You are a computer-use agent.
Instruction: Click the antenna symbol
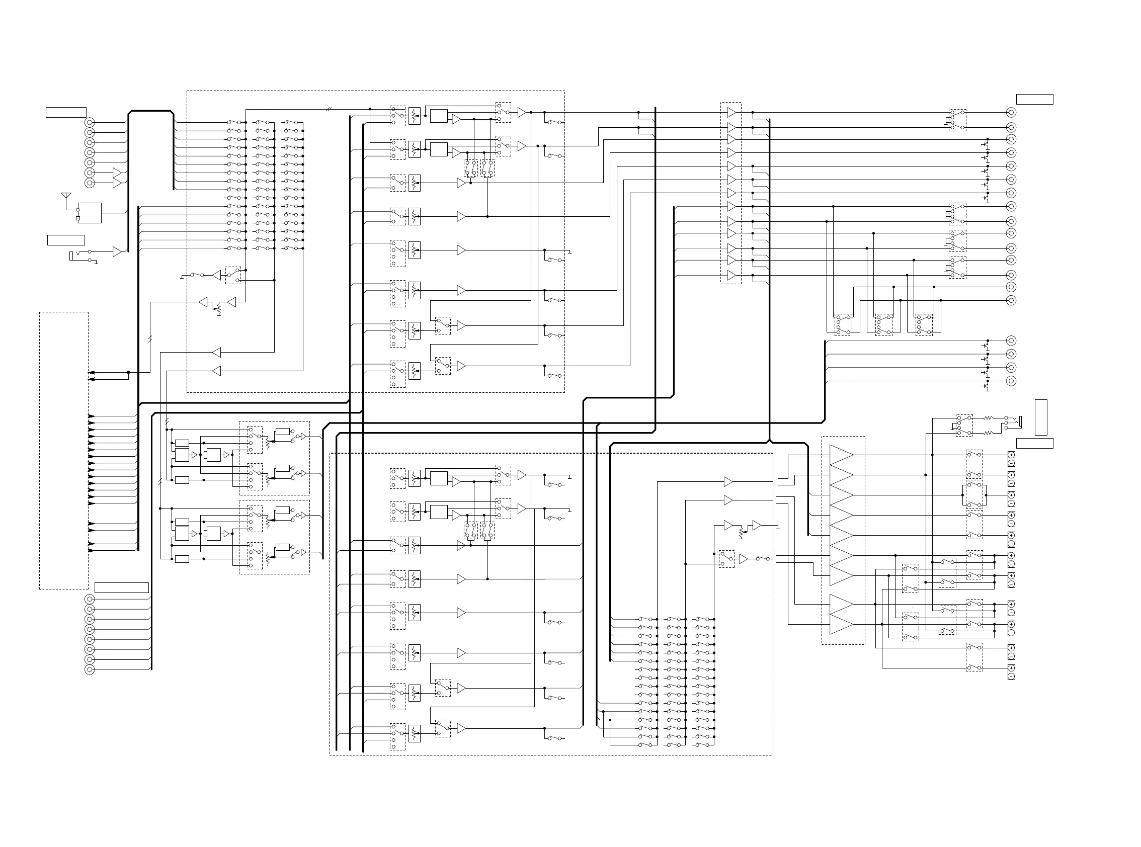coord(65,196)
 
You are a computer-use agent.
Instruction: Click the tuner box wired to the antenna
coord(90,213)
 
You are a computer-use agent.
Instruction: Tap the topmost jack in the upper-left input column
coord(90,123)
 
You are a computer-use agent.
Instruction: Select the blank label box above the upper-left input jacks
coord(66,112)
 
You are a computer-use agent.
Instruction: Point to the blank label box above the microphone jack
coord(66,240)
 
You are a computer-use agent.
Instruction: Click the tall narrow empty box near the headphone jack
coord(1041,417)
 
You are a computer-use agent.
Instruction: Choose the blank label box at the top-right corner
coord(1035,100)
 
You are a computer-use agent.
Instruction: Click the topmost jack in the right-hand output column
coord(1011,112)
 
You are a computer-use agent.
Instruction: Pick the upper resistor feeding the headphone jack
coord(988,418)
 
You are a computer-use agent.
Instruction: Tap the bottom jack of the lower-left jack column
coord(90,669)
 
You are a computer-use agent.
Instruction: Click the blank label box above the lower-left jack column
coord(122,587)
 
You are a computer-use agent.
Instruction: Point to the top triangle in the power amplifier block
coord(842,455)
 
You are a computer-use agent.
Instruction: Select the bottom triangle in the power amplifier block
coord(842,625)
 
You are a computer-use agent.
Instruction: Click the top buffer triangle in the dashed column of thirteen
coord(732,112)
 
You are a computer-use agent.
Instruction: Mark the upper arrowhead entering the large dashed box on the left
coord(92,373)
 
